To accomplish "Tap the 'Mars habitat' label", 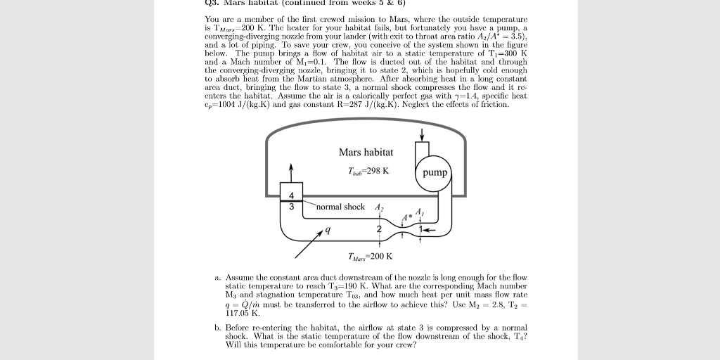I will (366, 153).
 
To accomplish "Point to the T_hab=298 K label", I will (368, 171).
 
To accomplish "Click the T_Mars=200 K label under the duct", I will (370, 256).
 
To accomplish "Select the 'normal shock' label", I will (340, 207).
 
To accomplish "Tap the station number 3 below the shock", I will (290, 207).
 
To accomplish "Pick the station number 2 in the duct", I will (379, 229).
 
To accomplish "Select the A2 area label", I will (380, 207).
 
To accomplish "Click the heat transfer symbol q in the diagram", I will (324, 230).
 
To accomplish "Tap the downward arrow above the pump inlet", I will (422, 134).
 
